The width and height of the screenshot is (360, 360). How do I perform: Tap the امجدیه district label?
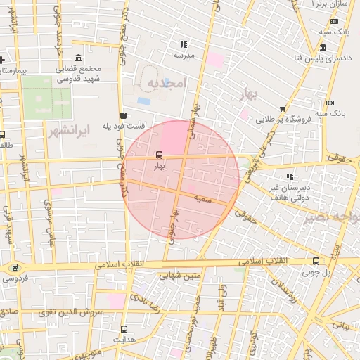pos(166,84)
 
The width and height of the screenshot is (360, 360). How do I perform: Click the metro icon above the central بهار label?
pos(159,154)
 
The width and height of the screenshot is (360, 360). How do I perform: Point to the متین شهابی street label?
pos(184,276)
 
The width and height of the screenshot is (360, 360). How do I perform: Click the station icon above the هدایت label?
pos(124,328)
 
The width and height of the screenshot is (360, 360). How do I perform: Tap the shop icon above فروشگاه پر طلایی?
pos(283,109)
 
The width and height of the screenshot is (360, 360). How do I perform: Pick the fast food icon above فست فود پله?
pos(124,115)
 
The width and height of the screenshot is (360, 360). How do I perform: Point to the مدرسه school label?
pos(184,54)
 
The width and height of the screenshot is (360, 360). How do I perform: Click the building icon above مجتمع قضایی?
pos(77,58)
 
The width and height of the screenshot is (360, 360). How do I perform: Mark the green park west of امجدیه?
pos(46,96)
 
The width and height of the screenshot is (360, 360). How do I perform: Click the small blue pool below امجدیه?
pos(144,101)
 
